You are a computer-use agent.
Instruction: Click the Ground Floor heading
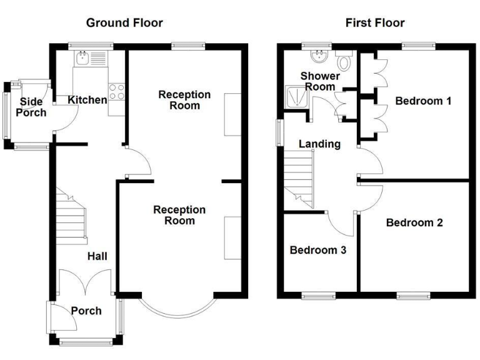[x=124, y=23]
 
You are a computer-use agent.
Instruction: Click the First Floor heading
[x=374, y=23]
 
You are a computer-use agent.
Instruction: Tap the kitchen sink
[x=83, y=59]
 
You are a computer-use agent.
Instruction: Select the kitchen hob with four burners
[x=116, y=92]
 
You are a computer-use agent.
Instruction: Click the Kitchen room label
[x=87, y=100]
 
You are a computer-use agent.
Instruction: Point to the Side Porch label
[x=31, y=107]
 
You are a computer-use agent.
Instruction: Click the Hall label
[x=97, y=256]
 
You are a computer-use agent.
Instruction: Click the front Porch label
[x=86, y=311]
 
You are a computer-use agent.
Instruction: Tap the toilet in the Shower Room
[x=344, y=61]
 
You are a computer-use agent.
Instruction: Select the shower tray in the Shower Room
[x=294, y=96]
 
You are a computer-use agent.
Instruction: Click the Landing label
[x=319, y=144]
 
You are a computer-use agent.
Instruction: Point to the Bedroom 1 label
[x=423, y=101]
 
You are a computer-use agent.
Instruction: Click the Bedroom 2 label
[x=414, y=222]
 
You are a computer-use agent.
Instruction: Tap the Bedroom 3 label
[x=318, y=250]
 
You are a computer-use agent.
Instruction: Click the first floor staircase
[x=299, y=181]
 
